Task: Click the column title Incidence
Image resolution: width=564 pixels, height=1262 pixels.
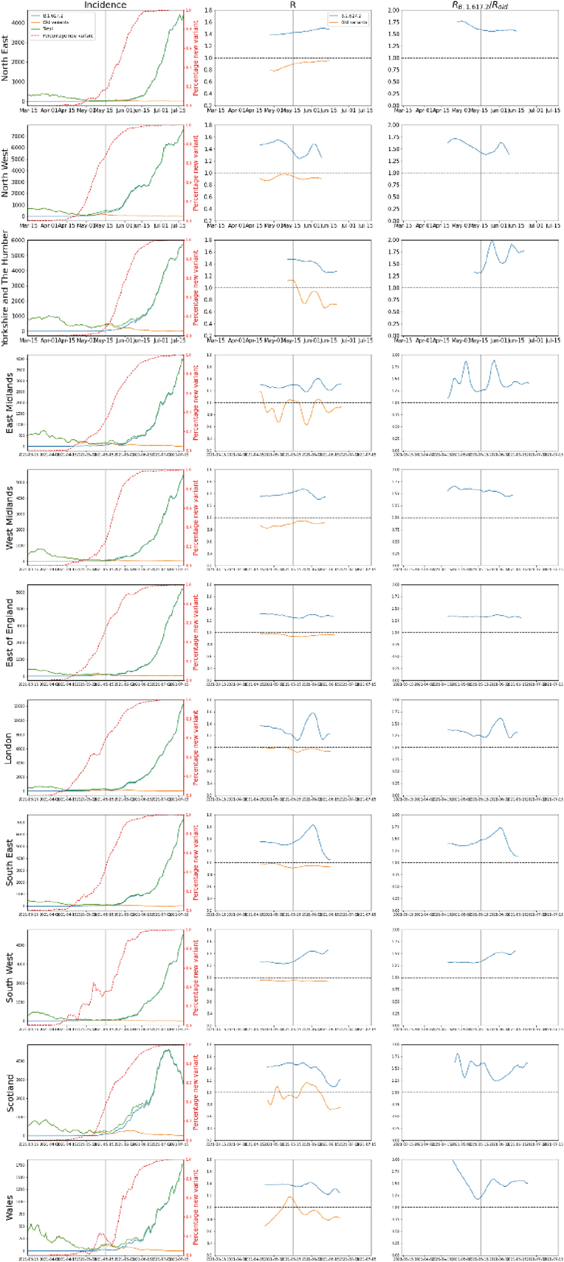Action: [x=105, y=5]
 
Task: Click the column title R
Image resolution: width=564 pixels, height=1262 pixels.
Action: [x=293, y=5]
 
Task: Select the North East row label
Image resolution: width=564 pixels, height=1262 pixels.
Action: [x=5, y=58]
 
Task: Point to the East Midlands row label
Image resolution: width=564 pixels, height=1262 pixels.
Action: [x=9, y=403]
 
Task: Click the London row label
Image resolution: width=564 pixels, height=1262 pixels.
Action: [x=8, y=748]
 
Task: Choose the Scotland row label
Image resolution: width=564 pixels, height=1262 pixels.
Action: [x=9, y=1093]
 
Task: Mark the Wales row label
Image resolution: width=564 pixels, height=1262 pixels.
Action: [x=9, y=1208]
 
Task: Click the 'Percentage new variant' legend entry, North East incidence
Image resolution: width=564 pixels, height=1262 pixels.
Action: [x=68, y=36]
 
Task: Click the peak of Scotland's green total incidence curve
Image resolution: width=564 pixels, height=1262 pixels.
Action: [x=167, y=1049]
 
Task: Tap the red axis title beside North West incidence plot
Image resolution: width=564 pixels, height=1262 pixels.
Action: [x=196, y=173]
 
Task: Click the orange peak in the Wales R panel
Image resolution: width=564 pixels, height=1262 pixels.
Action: [x=289, y=1196]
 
